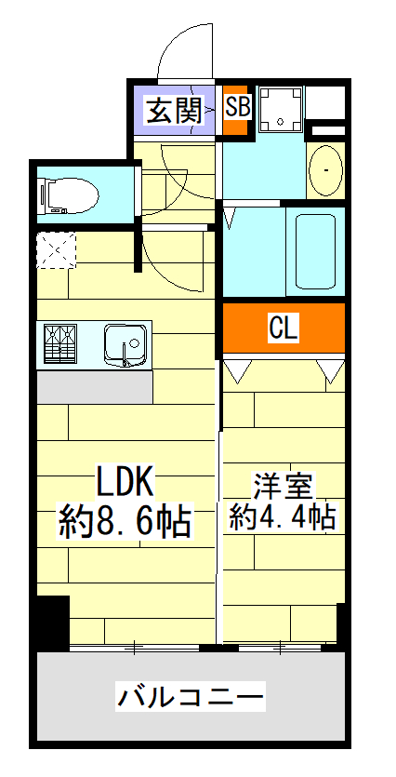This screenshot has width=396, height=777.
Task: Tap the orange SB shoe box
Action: pyautogui.click(x=237, y=108)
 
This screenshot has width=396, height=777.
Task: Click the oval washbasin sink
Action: pyautogui.click(x=324, y=169)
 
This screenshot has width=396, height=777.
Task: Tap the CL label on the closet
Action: pyautogui.click(x=283, y=328)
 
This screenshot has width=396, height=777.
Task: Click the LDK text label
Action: pyautogui.click(x=125, y=482)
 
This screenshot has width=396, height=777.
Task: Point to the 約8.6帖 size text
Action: pyautogui.click(x=125, y=521)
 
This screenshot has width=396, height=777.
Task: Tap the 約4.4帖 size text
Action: pyautogui.click(x=283, y=517)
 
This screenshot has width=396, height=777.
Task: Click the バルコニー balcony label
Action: pyautogui.click(x=191, y=695)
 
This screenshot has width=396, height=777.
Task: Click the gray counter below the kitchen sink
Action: pyautogui.click(x=94, y=386)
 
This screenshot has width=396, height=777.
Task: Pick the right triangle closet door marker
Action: pyautogui.click(x=330, y=370)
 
